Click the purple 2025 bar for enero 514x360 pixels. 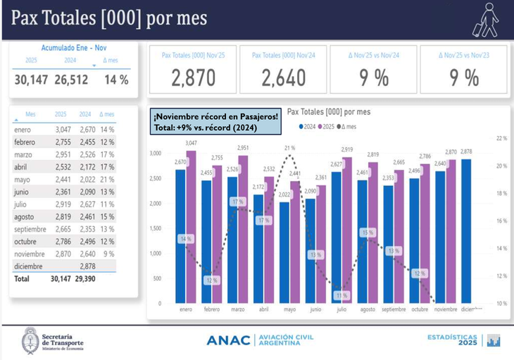click(x=191, y=225)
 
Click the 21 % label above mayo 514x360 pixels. click(x=289, y=148)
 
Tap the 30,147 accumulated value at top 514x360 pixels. click(x=31, y=80)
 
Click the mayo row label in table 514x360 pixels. click(x=22, y=180)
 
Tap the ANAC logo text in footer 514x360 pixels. click(x=228, y=341)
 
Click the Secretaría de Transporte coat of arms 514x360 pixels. click(x=30, y=341)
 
